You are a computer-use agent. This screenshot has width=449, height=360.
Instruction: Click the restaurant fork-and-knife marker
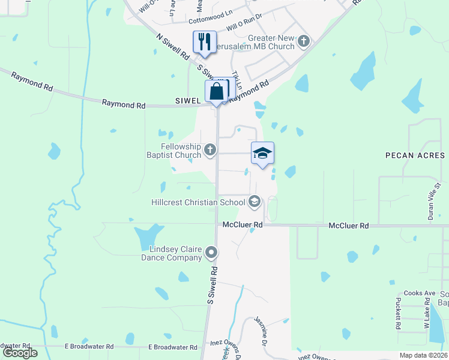tap(204, 42)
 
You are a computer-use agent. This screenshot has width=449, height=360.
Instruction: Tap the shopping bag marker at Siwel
tap(217, 91)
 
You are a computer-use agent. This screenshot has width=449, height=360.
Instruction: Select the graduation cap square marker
tap(262, 154)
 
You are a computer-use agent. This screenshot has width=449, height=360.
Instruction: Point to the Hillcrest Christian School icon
tap(254, 201)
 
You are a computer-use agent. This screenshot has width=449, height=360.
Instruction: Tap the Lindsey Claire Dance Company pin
tap(211, 253)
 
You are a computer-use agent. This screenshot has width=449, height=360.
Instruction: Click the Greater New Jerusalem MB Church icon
tap(304, 41)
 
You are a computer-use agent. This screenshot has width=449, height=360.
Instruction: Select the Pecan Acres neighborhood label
tap(414, 155)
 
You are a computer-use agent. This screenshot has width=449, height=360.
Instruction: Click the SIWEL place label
tap(187, 101)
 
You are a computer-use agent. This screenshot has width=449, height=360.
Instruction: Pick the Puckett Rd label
tap(398, 314)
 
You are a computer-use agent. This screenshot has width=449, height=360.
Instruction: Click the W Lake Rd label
tap(427, 315)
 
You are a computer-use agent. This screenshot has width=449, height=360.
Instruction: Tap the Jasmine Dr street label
tap(261, 331)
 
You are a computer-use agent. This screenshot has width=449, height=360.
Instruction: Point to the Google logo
tap(20, 353)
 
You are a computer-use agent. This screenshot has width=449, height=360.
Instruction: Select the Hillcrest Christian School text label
tap(198, 202)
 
